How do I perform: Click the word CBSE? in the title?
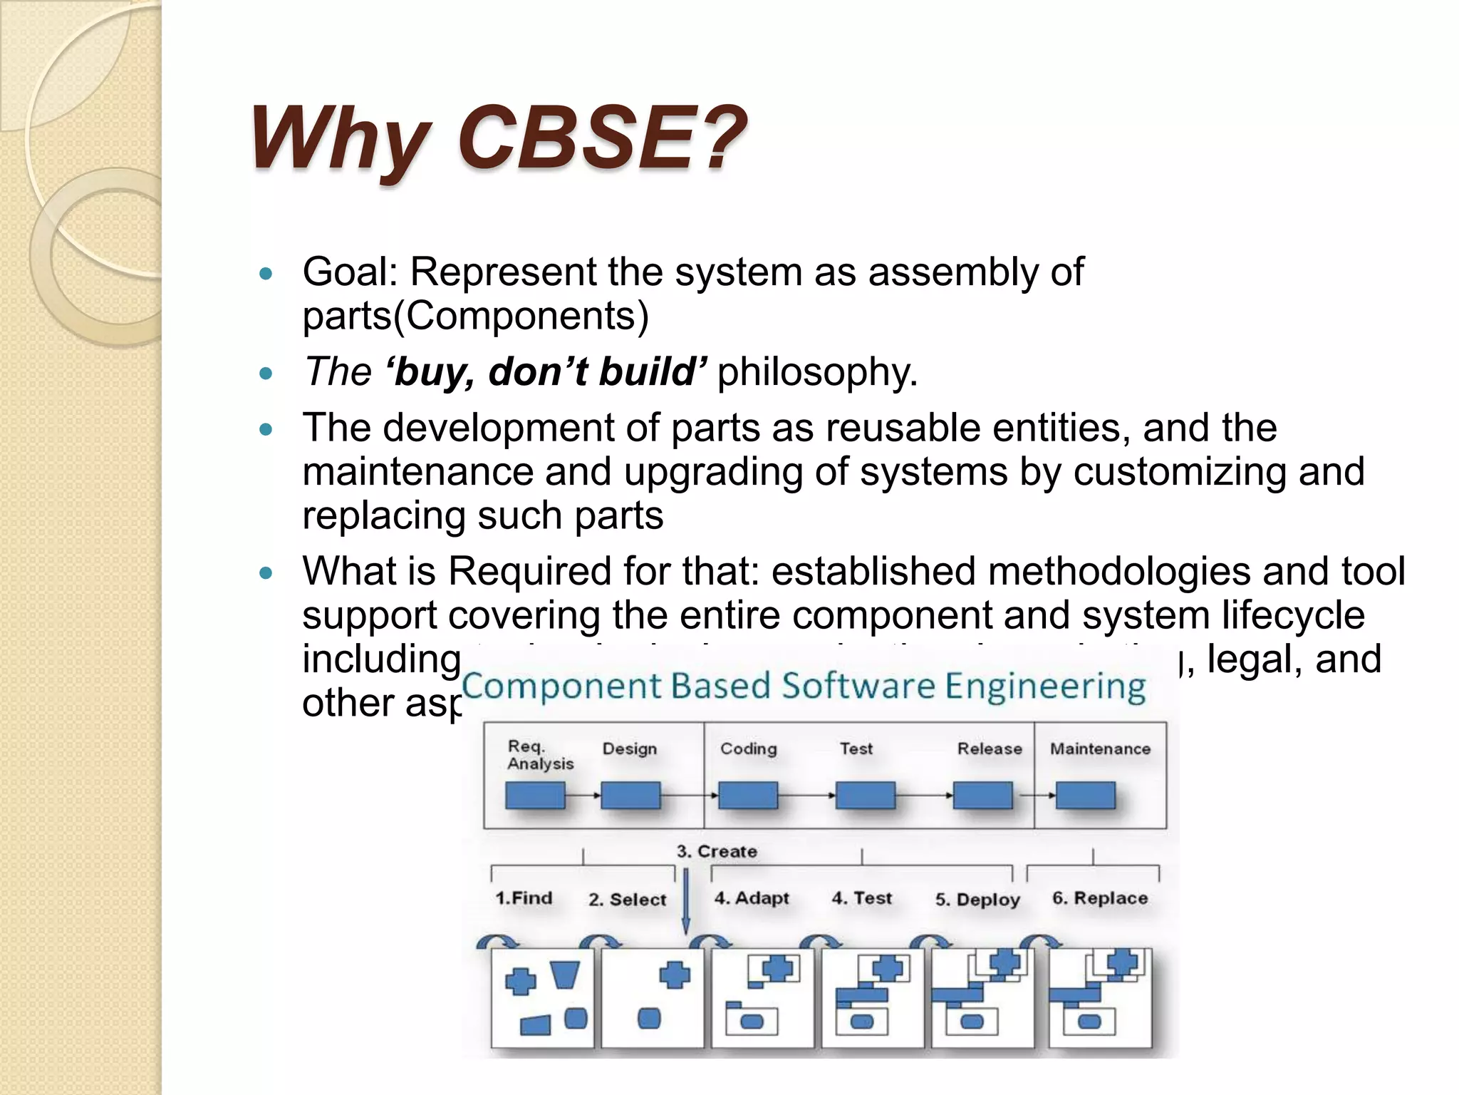tap(602, 137)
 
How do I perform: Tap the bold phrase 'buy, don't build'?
tap(546, 371)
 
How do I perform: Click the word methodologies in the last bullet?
tap(1119, 572)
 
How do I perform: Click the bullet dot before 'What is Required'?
tap(266, 572)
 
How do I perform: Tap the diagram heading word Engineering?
tap(1044, 687)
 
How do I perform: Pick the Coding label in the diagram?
tap(748, 749)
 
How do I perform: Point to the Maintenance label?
tap(1100, 749)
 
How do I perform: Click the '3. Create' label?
tap(717, 851)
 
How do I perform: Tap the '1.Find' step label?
tap(524, 898)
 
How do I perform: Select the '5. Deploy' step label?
tap(977, 900)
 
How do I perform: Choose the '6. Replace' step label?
tap(1100, 898)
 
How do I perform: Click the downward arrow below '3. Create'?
tap(686, 901)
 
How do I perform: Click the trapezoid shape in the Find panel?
tap(565, 975)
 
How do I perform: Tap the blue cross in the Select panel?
tap(674, 975)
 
